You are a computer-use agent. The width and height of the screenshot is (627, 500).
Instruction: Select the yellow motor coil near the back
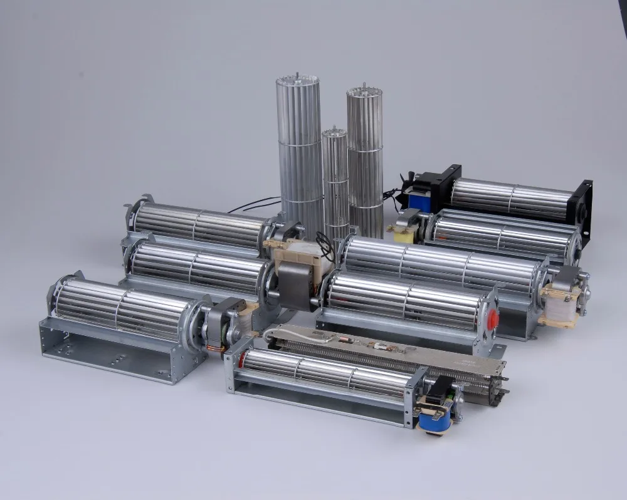tap(402, 234)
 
